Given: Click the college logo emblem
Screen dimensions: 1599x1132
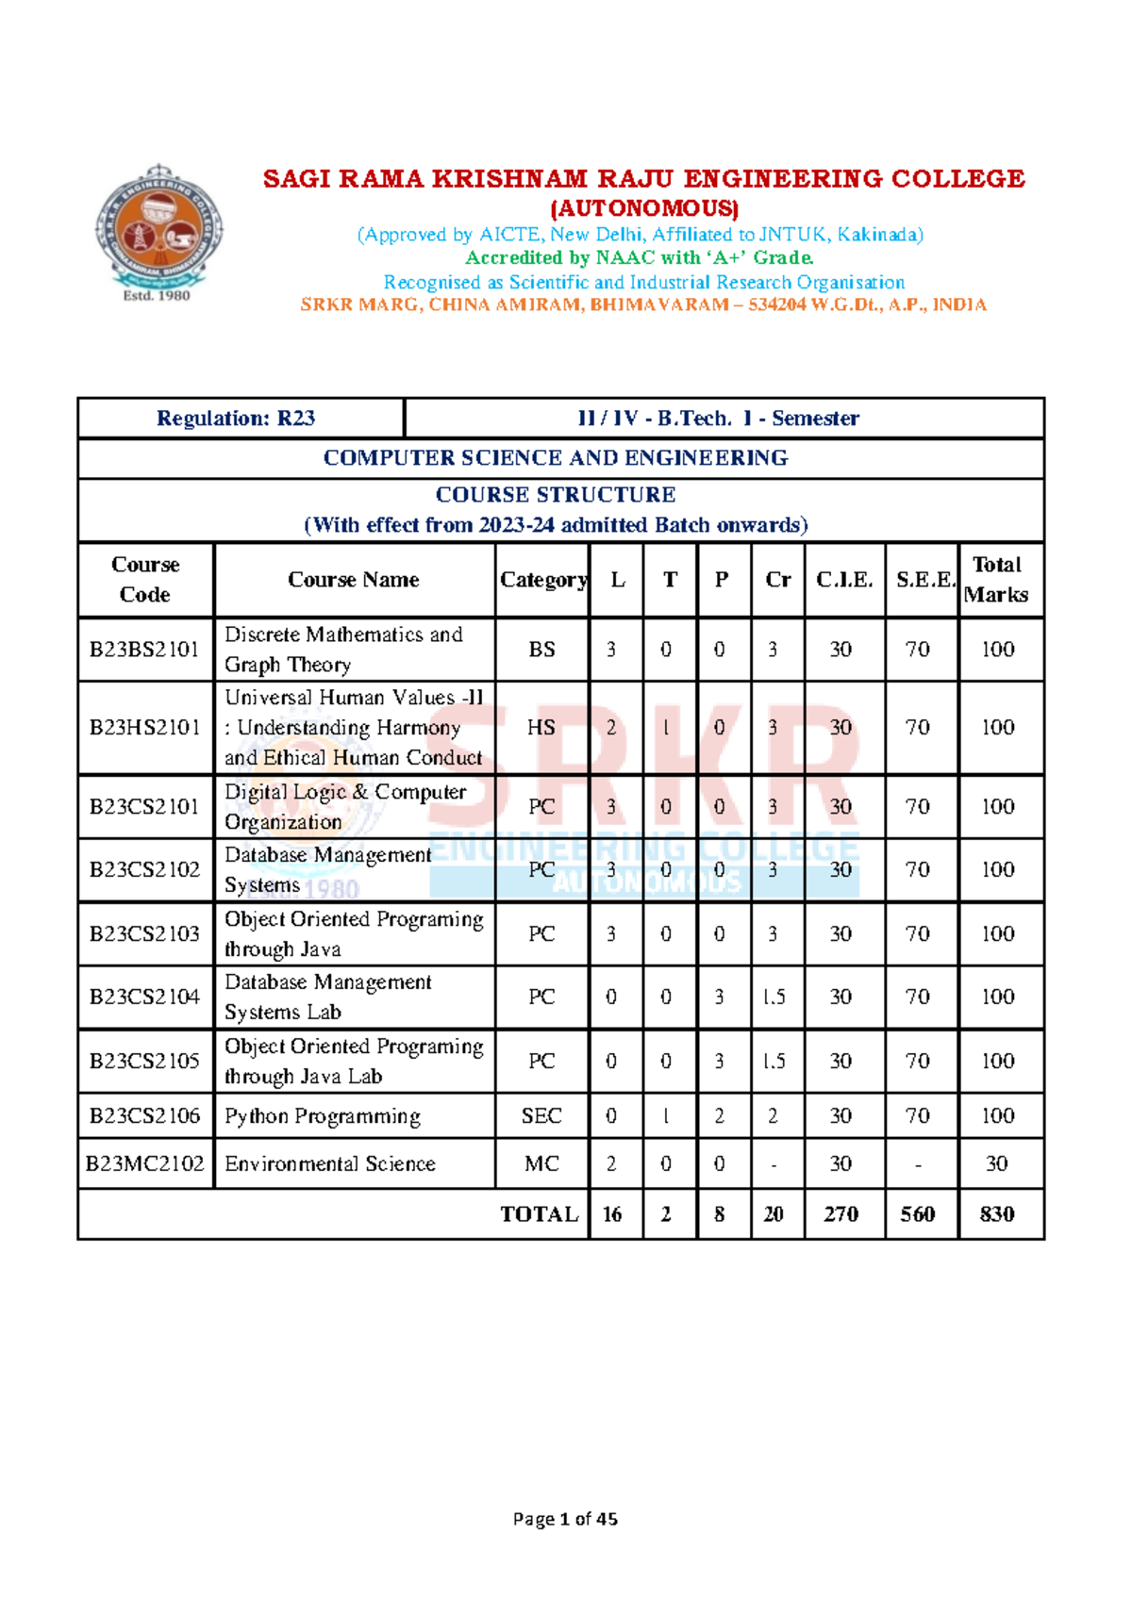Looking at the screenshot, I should (158, 225).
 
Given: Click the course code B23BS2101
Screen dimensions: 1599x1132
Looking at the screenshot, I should (144, 650).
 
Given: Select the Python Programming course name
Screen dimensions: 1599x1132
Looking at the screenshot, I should (323, 1116).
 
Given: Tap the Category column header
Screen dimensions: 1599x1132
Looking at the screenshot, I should (542, 580).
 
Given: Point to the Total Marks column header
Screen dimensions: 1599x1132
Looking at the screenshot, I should (997, 580).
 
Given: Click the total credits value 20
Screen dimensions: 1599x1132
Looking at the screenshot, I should (774, 1214).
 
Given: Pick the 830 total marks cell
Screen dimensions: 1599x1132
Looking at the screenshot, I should (997, 1214).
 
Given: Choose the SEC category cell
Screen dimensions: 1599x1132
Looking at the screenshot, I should (541, 1116).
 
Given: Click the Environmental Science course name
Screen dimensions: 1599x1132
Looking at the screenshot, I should (330, 1164).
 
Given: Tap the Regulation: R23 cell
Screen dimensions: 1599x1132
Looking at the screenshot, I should (236, 419).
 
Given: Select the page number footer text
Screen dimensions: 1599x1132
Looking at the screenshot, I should (565, 1519).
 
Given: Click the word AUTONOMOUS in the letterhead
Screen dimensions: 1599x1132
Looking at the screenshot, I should (644, 208).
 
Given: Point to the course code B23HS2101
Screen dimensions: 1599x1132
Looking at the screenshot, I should (144, 728).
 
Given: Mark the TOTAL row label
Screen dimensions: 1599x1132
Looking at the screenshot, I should (539, 1214).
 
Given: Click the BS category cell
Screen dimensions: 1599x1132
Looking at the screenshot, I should (541, 650).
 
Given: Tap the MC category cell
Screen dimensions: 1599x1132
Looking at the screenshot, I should (541, 1164).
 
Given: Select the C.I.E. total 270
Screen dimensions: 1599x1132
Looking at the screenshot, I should (841, 1214).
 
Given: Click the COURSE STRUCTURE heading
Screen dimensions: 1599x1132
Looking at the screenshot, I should (556, 495).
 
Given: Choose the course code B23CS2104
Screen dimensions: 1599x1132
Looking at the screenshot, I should (144, 997).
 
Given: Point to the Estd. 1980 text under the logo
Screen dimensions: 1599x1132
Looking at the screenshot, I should (157, 295).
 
